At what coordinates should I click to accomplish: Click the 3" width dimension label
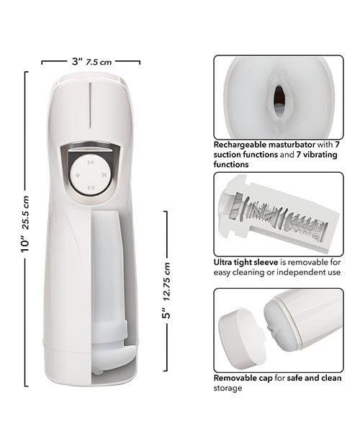76,62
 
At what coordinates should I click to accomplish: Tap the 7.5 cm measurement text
99,63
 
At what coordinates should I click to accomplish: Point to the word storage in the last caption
228,388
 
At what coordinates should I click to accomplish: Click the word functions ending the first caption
231,165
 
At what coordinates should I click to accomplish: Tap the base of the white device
89,360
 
